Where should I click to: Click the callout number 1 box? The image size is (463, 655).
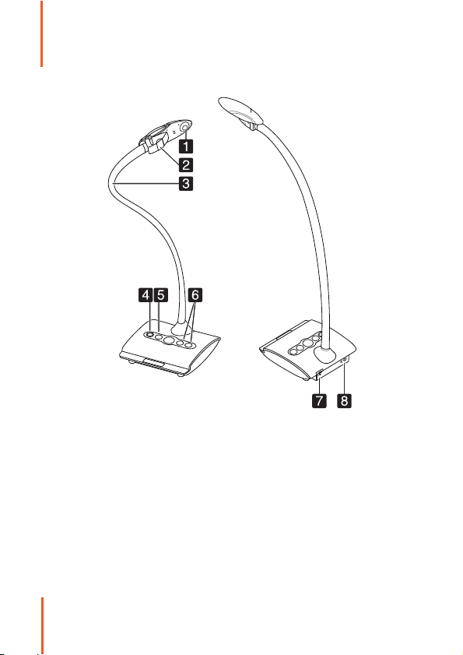[187, 146]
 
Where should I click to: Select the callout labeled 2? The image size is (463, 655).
[187, 164]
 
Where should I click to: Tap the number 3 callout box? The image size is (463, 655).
[187, 183]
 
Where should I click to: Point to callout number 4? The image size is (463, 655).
[146, 295]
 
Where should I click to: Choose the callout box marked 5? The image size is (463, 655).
[161, 295]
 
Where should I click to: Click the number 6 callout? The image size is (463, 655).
[195, 295]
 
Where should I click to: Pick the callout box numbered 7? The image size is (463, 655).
[319, 401]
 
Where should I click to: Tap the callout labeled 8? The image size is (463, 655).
[345, 401]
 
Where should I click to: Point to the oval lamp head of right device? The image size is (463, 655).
[241, 111]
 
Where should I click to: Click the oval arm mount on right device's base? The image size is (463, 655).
[324, 355]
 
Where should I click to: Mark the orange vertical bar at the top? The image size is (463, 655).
[42, 33]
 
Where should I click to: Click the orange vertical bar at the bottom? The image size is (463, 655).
[42, 625]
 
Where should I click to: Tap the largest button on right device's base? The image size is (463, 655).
[308, 343]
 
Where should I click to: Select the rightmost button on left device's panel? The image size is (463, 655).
[189, 345]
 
